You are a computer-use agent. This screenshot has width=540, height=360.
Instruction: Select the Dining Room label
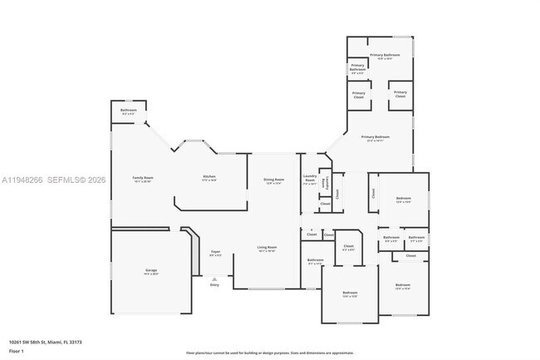274,179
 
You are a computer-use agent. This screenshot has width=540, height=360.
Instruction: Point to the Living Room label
267,247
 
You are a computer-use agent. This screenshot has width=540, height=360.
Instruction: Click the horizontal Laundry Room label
310,178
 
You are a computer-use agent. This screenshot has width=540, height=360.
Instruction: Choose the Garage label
151,270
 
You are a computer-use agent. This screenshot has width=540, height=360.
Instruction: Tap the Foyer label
215,250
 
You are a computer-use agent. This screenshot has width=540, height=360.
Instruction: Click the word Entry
214,284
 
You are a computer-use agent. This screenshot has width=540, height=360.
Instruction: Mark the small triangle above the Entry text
214,279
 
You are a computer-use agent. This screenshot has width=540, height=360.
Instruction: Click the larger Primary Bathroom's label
385,55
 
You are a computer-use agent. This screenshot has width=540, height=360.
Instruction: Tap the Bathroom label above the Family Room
128,111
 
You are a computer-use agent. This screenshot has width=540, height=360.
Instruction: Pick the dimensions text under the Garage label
151,274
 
